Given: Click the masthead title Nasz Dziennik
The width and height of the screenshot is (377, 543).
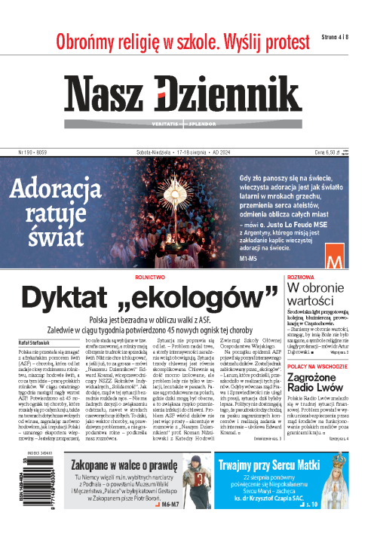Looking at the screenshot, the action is click(188, 94).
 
